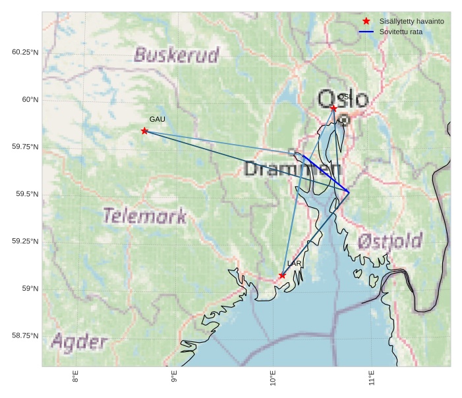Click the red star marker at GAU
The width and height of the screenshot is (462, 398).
(144, 131)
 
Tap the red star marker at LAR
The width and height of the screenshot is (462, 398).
(282, 276)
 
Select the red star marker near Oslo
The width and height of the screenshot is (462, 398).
(334, 108)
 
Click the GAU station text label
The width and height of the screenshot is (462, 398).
(157, 120)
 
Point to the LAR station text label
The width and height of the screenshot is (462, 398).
(294, 264)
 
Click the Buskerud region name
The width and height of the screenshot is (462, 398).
(176, 55)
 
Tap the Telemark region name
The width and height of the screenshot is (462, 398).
(144, 216)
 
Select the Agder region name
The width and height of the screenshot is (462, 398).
(79, 342)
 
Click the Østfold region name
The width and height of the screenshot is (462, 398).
(390, 241)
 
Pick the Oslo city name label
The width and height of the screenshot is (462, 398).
(343, 99)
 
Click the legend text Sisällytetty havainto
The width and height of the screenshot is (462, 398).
(411, 22)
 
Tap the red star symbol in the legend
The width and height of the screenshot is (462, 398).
(366, 22)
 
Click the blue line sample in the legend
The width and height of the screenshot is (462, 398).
(366, 32)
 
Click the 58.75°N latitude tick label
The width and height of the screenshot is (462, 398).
(25, 336)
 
